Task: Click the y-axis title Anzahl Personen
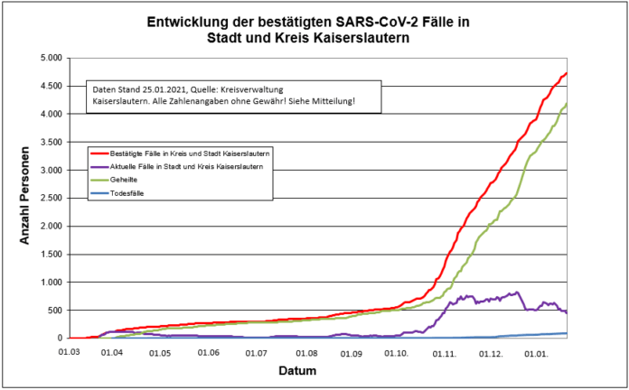tap(26, 199)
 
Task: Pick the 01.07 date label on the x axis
tap(258, 353)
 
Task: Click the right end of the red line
tap(567, 73)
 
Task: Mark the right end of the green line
tap(567, 106)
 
